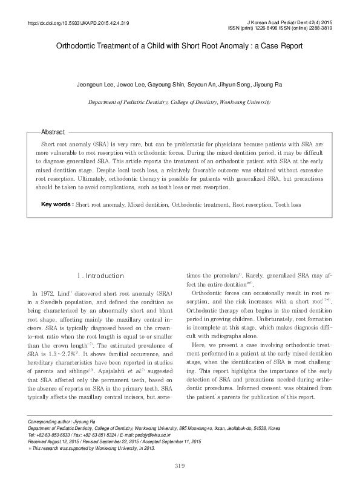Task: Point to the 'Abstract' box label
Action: point(53,132)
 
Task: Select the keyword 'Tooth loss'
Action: point(287,205)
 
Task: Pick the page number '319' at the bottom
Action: point(179,464)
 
